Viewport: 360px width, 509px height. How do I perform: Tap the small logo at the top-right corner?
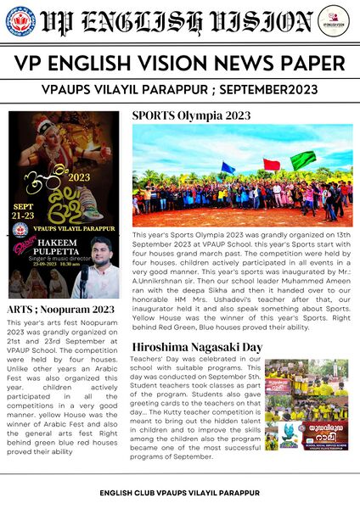click(339, 20)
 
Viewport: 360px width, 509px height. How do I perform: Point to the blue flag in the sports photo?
click(228, 167)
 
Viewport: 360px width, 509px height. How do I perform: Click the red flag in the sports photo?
click(271, 164)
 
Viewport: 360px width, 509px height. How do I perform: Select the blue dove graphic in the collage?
click(292, 433)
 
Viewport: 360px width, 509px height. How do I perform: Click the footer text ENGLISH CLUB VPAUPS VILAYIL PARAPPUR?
click(180, 493)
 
